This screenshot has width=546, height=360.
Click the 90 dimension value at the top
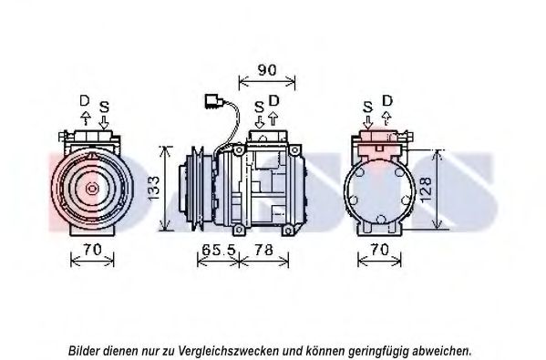[x=267, y=70]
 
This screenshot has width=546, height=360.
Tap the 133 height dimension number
[x=153, y=188]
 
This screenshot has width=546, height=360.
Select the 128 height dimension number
[x=426, y=190]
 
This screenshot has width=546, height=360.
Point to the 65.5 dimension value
[x=219, y=250]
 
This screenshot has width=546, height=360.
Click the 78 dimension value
[x=263, y=250]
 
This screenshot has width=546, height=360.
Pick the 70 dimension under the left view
[x=92, y=250]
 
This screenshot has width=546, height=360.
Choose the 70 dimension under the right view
[x=379, y=250]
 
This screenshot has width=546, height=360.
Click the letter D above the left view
[x=85, y=101]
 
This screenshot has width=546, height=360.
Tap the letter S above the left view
[x=104, y=107]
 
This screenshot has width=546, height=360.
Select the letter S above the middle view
[x=259, y=107]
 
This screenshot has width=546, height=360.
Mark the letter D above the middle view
[x=274, y=100]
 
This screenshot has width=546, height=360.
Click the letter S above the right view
[x=367, y=107]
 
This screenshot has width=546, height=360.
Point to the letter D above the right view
[x=387, y=100]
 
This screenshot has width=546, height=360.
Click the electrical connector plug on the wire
[x=214, y=101]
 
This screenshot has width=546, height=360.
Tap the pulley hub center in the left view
[x=92, y=189]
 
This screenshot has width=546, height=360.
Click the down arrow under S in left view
[x=104, y=122]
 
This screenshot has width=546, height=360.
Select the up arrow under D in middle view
[x=273, y=118]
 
